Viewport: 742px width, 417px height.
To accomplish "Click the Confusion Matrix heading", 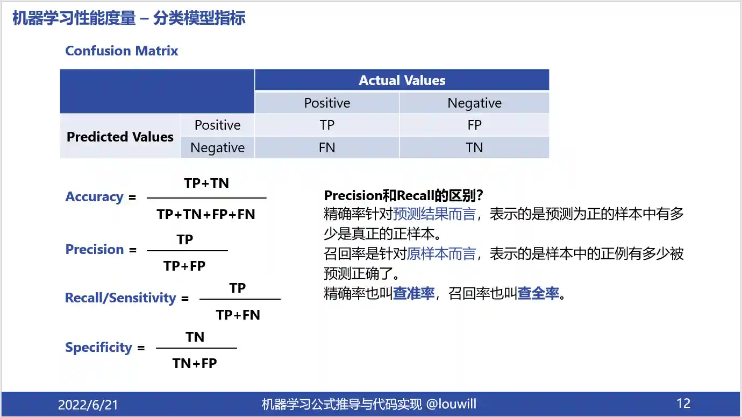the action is click(122, 51).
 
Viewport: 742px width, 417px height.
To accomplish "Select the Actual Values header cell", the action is click(402, 80).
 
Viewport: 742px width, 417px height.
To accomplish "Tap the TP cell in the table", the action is click(327, 125).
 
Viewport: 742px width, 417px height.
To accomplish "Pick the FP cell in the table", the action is click(474, 125).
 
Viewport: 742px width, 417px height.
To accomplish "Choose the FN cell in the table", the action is click(327, 147).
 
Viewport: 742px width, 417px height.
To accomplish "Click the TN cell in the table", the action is click(474, 147).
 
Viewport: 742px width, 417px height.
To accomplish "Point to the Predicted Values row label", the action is click(120, 137).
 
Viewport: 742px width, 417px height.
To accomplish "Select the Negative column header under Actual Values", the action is click(474, 103).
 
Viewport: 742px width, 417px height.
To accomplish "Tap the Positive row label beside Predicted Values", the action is click(217, 125).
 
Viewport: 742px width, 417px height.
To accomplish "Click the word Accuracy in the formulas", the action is click(95, 196).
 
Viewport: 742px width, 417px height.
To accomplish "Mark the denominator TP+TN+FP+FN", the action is click(206, 214).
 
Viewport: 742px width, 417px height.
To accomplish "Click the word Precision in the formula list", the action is click(95, 249).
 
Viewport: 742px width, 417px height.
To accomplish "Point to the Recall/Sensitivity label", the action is click(120, 298).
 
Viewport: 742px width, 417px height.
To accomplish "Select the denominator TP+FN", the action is click(238, 315).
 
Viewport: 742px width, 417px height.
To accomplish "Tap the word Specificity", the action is click(99, 348).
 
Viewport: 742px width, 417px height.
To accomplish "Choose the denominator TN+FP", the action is click(195, 363).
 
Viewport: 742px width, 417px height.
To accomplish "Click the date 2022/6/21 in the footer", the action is click(88, 405).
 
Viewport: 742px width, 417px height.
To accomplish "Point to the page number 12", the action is click(683, 404).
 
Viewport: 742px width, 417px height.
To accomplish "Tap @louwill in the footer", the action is click(451, 404).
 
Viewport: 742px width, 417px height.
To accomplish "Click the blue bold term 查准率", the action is click(413, 293).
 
